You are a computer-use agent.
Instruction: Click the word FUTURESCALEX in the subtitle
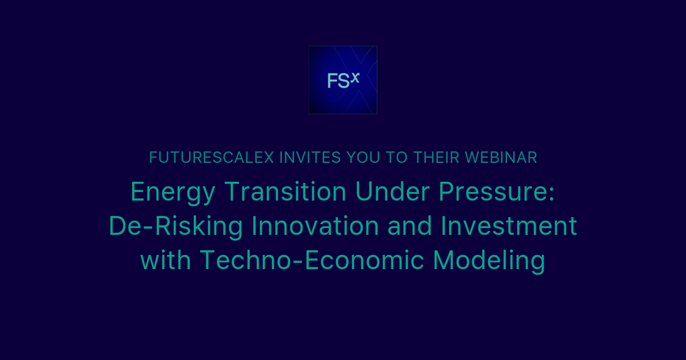pyautogui.click(x=212, y=158)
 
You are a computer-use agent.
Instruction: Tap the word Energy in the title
pyautogui.click(x=173, y=192)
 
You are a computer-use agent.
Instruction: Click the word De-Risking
pyautogui.click(x=176, y=226)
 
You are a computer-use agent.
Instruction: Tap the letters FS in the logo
pyautogui.click(x=338, y=82)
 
